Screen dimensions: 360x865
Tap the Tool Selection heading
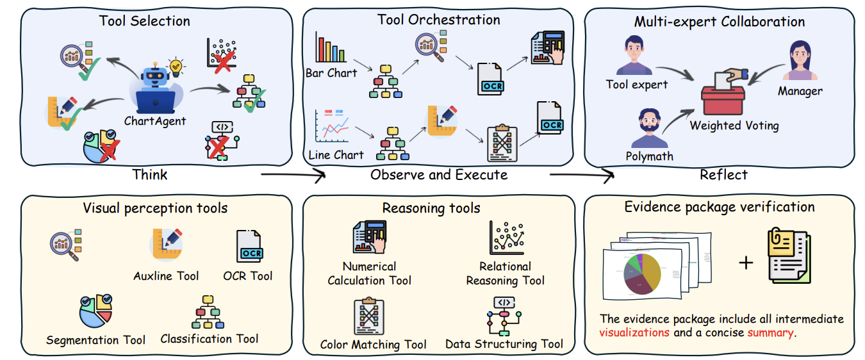pyautogui.click(x=144, y=20)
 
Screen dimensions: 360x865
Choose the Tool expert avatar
pyautogui.click(x=634, y=56)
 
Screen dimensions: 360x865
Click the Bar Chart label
pyautogui.click(x=331, y=72)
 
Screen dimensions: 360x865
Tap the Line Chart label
pyautogui.click(x=335, y=154)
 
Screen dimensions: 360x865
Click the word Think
pyautogui.click(x=151, y=174)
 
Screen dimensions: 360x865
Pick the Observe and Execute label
pyautogui.click(x=438, y=174)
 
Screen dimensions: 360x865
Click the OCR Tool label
pyautogui.click(x=247, y=276)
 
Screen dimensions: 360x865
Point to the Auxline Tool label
pyautogui.click(x=166, y=276)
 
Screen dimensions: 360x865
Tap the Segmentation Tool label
pyautogui.click(x=95, y=340)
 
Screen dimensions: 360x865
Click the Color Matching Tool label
pyautogui.click(x=373, y=345)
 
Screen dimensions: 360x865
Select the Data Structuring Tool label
pyautogui.click(x=504, y=344)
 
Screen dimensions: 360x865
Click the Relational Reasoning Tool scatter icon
pyautogui.click(x=506, y=238)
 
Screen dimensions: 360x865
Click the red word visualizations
pyautogui.click(x=634, y=333)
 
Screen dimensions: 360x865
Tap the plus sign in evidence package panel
pyautogui.click(x=746, y=261)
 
